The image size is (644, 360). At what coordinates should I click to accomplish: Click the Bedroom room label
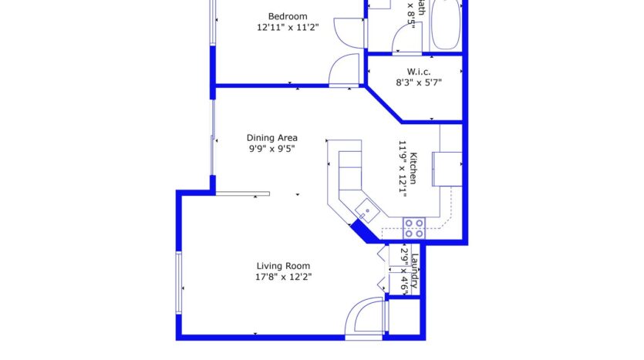288,16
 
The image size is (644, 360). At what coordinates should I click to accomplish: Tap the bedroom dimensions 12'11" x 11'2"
288,27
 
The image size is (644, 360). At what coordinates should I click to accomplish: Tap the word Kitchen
413,168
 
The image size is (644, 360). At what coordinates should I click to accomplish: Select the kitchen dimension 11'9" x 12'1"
402,168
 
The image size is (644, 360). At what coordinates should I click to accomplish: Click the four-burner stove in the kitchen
414,227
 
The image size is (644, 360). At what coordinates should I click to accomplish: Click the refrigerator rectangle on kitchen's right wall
447,169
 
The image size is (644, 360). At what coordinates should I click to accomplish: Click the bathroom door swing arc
401,37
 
